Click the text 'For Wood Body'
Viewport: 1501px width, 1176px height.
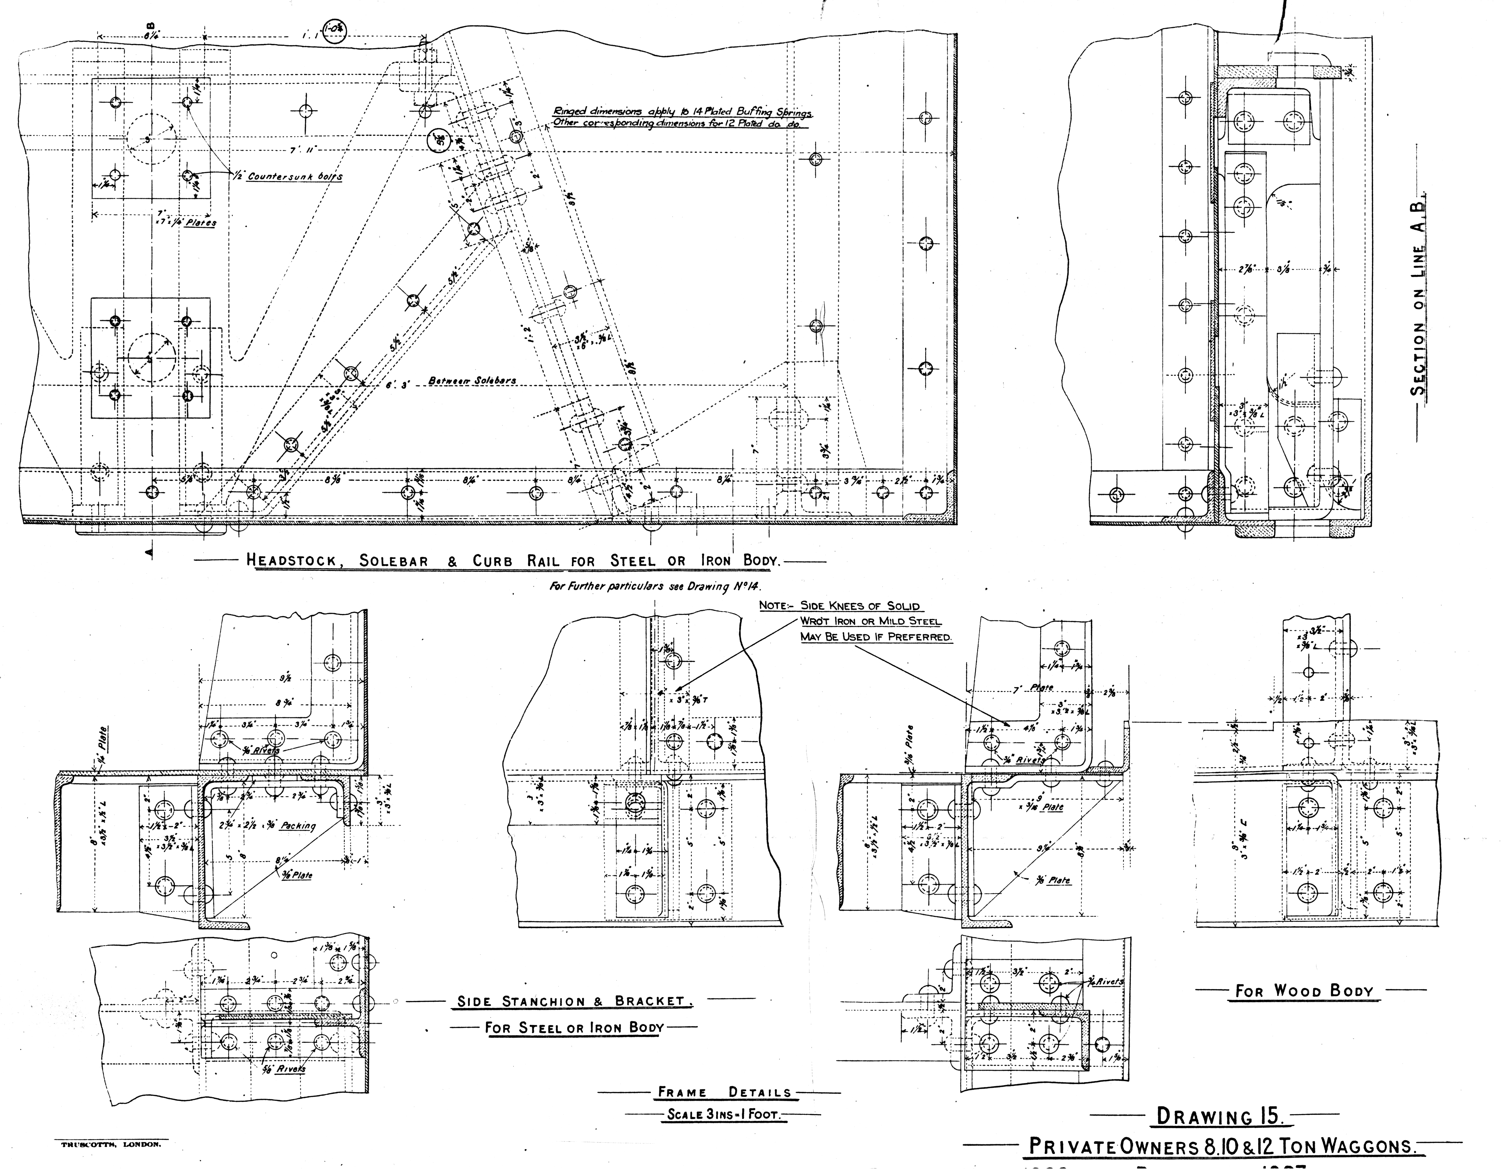pos(1305,991)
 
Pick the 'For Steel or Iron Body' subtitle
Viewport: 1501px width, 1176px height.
pos(574,1028)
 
